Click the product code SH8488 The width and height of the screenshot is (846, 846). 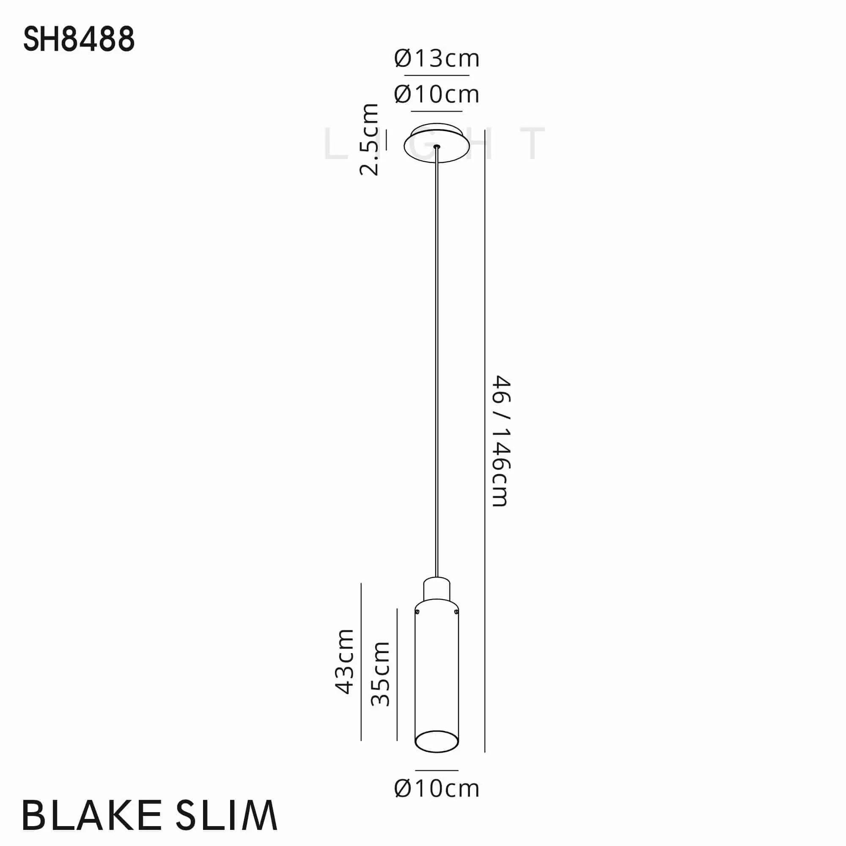click(79, 39)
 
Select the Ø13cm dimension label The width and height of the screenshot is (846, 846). click(437, 58)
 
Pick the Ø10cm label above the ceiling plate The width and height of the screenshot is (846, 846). click(437, 94)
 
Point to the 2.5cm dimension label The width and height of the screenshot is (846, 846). click(369, 139)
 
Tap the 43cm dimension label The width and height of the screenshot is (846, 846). click(345, 662)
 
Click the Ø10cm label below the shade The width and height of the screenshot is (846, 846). click(437, 788)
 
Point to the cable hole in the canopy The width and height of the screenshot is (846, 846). click(437, 147)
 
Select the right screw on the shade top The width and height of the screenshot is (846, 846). click(456, 611)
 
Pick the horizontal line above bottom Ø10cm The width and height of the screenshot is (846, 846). click(437, 770)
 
